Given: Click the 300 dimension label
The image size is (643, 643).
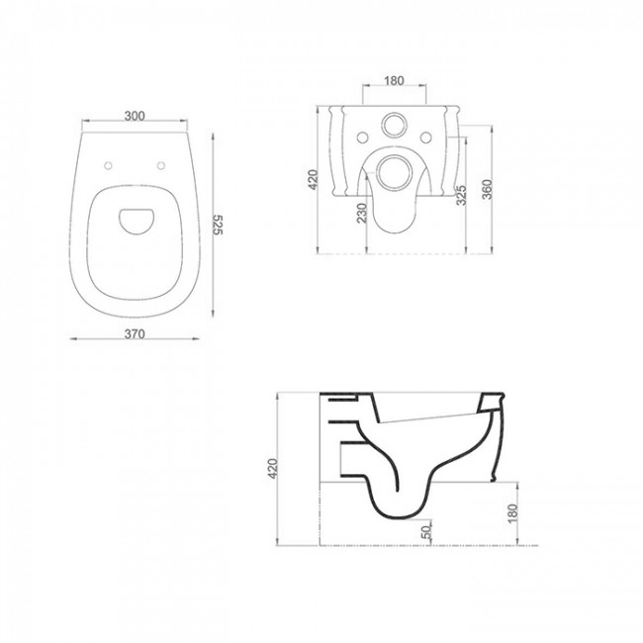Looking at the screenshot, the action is coord(135,116).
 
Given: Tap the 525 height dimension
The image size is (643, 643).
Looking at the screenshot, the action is coord(218,225).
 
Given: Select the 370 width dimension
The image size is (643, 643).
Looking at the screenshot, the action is coord(135,334).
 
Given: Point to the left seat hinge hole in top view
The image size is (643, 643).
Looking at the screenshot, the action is coord(108,165).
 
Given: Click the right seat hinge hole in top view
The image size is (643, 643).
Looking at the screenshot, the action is coord(161,165).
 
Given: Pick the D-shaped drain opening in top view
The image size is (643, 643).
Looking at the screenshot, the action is coord(137,222).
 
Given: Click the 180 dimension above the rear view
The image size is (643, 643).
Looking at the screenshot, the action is coord(394,81).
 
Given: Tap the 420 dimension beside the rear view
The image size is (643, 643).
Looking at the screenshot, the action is coord(313,180).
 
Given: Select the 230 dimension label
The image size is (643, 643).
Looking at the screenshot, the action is coord(362,213).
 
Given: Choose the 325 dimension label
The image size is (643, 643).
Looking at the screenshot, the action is coord(461,195).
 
